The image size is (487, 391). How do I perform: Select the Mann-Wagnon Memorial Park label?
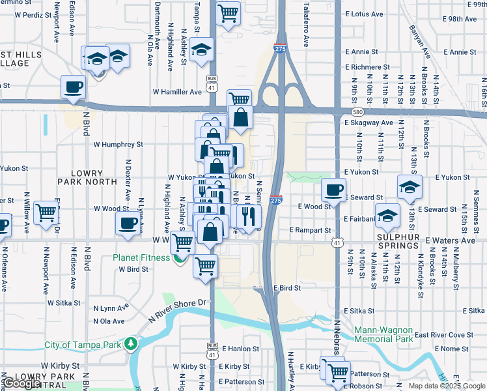click(384, 334)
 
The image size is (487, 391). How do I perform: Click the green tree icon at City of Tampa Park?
click(131, 343)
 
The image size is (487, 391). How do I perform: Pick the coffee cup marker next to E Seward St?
click(333, 190)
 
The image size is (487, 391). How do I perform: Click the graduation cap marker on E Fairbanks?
click(387, 216)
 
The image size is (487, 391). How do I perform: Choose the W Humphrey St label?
click(118, 144)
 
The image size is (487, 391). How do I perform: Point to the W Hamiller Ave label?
click(177, 93)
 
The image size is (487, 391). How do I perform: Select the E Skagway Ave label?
click(369, 123)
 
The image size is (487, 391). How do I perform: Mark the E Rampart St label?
click(310, 230)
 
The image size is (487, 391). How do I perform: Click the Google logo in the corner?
click(22, 383)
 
